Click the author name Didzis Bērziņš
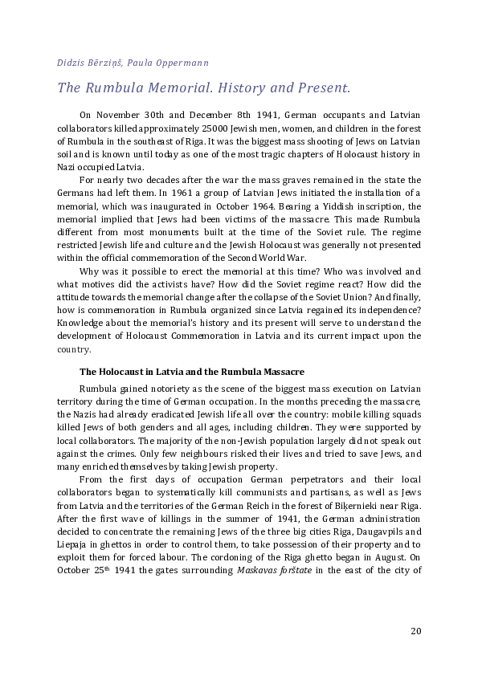click(85, 62)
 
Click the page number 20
click(415, 630)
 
